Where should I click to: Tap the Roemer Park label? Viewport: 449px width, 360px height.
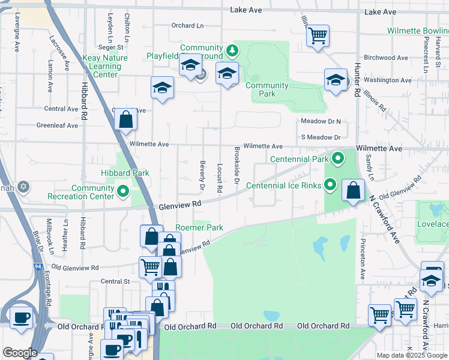(x=199, y=228)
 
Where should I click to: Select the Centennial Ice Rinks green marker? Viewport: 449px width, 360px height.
(x=331, y=185)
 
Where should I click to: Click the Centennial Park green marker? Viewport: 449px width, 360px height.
(x=338, y=159)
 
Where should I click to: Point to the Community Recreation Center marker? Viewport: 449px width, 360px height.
(x=124, y=192)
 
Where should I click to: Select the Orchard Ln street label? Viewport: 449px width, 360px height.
(x=183, y=26)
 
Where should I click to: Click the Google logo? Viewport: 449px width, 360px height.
(x=20, y=352)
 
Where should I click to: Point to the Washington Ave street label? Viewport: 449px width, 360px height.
(x=387, y=80)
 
